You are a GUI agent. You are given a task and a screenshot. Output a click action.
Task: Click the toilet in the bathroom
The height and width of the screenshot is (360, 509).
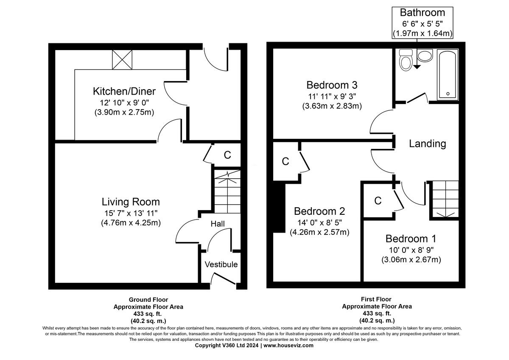click(406, 60)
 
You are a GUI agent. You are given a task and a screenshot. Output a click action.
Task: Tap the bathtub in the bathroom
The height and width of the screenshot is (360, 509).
click(447, 75)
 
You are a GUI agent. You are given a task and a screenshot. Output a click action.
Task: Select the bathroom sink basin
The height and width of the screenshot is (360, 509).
click(424, 55)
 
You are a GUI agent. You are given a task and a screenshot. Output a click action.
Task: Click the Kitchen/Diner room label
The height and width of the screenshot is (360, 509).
click(124, 91)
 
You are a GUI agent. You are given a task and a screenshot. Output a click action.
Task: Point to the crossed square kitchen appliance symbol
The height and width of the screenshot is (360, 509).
click(122, 59)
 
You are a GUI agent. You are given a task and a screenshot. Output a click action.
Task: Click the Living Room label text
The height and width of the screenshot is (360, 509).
click(131, 202)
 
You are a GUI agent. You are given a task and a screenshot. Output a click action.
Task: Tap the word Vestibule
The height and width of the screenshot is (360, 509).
click(221, 264)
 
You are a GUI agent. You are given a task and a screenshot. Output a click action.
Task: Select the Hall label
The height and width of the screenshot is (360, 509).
click(218, 224)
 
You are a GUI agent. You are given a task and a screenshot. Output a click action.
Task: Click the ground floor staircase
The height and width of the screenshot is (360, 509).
click(227, 191)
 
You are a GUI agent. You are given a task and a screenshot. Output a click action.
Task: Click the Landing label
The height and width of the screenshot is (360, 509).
click(427, 144)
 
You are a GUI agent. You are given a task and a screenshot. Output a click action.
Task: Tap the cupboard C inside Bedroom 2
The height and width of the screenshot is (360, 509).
click(285, 162)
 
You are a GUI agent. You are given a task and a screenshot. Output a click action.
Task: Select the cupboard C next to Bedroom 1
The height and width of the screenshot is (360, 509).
click(378, 201)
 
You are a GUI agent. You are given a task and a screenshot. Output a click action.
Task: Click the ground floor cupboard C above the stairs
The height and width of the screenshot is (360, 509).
click(227, 155)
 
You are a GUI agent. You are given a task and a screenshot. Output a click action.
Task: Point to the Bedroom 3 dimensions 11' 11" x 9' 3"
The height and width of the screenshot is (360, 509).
click(332, 96)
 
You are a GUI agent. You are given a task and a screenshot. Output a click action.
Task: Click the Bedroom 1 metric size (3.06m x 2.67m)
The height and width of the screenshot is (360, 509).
click(411, 259)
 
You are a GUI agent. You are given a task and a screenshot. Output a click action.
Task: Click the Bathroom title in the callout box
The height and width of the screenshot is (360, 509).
click(422, 13)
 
